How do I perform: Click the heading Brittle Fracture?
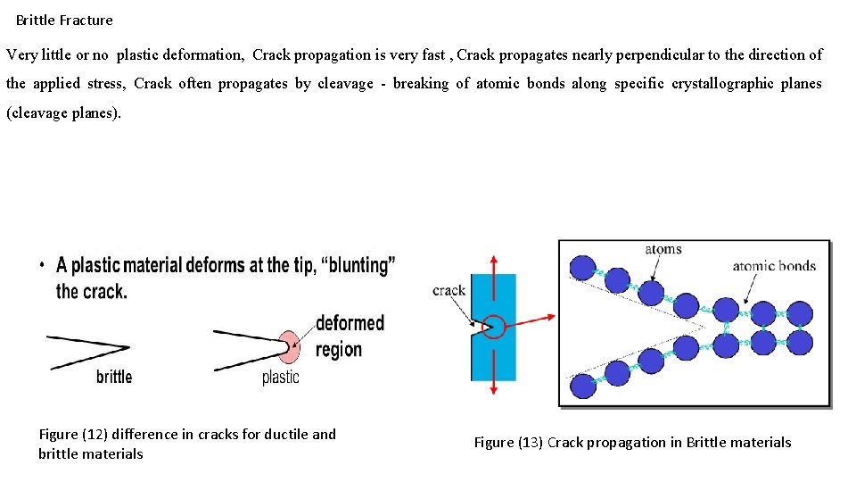point(64,20)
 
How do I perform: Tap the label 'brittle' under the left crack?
point(114,377)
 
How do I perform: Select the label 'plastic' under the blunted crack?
point(281,377)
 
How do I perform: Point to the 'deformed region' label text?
point(350,336)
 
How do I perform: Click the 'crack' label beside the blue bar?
point(449,290)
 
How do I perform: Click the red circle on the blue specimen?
point(493,327)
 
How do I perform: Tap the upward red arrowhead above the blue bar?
point(493,259)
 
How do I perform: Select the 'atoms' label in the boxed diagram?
point(663,250)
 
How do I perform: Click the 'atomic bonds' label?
point(774,265)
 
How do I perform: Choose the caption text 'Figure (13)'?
point(507,443)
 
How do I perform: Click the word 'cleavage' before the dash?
point(345,84)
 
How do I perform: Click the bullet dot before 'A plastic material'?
point(43,265)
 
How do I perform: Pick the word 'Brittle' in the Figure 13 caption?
point(706,443)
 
